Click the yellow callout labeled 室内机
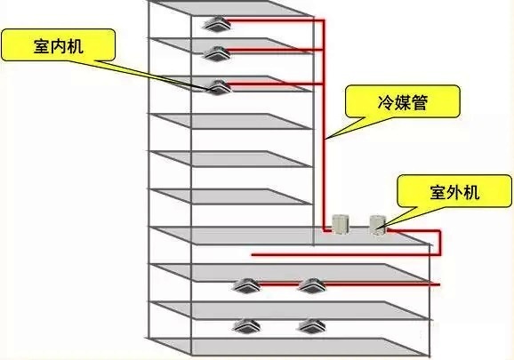[x=59, y=44]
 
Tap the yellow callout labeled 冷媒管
[x=403, y=101]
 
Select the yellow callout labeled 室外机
[x=454, y=191]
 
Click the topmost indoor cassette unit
[x=217, y=24]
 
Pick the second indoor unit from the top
[x=217, y=53]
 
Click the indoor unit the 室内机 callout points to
[x=217, y=87]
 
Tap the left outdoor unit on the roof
[x=341, y=224]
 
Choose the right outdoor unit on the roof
[x=378, y=224]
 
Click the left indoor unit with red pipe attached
[x=246, y=285]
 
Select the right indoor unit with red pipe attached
[x=312, y=285]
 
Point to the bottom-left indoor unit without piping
[x=246, y=326]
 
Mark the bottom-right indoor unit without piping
[x=312, y=326]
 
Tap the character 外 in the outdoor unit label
[x=454, y=192]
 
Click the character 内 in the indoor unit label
[x=59, y=46]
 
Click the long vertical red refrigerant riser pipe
[x=324, y=125]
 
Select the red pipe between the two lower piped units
[x=279, y=284]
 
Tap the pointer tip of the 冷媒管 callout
[x=325, y=139]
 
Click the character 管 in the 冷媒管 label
[x=420, y=102]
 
